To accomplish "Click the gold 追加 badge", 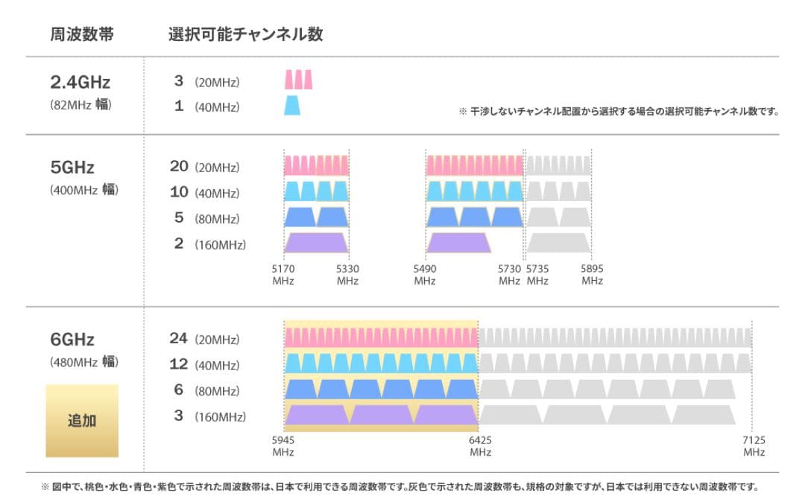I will point(82,420).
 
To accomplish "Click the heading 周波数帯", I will point(82,34).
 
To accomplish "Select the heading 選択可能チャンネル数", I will point(246,34).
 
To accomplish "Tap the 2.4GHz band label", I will point(80,82).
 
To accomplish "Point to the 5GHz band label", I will point(72,167).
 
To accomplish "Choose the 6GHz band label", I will point(72,340).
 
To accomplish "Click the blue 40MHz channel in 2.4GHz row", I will point(293,106).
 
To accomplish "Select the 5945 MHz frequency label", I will point(283,446).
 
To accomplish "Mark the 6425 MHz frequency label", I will point(480,446).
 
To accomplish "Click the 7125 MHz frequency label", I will point(754,446).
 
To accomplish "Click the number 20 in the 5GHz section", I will point(179,166).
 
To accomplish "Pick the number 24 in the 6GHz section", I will point(179,338).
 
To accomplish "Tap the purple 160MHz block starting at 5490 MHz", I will point(458,243).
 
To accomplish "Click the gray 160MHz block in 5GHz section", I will point(559,243).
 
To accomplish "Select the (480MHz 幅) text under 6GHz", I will point(84,363).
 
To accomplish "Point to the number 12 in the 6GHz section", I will point(179,364).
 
